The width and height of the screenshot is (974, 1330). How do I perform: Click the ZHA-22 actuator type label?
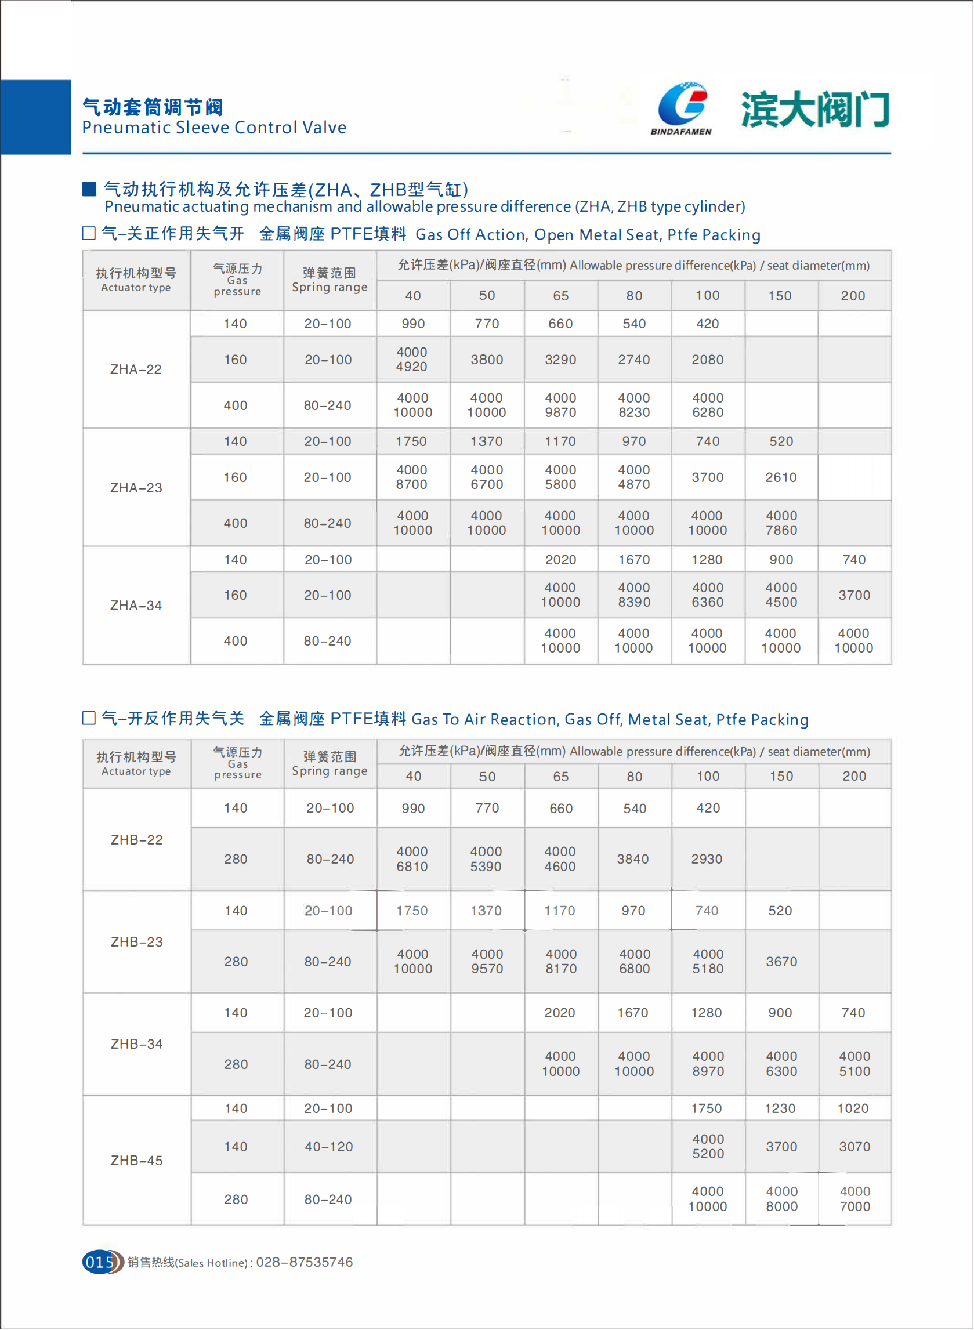point(136,369)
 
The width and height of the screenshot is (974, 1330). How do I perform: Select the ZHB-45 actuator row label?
point(136,1160)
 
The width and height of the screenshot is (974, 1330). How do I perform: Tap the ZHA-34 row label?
point(136,606)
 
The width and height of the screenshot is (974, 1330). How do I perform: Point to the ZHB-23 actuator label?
point(136,941)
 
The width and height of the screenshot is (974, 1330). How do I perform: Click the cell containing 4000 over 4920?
point(412,359)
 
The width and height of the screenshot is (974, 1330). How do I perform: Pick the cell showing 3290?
point(560,360)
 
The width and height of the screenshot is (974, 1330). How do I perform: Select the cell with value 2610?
point(781,477)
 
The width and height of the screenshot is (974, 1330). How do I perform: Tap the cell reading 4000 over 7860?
point(781,523)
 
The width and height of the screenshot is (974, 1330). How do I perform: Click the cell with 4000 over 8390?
point(634,595)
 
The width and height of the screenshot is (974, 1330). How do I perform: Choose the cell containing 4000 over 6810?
point(412,859)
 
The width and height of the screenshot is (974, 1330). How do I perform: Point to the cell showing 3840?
point(633,859)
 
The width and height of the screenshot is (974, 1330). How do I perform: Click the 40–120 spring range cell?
point(328,1147)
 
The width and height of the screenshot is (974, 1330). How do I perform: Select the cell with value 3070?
point(854,1147)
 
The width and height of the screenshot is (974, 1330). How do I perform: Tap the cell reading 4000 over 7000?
point(854,1198)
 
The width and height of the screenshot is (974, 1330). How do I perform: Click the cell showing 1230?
point(780,1108)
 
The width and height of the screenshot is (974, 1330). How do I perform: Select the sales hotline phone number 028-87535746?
point(304,1262)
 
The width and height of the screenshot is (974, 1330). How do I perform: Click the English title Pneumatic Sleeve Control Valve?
point(214,128)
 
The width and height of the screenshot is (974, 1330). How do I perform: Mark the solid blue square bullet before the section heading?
point(89,189)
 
